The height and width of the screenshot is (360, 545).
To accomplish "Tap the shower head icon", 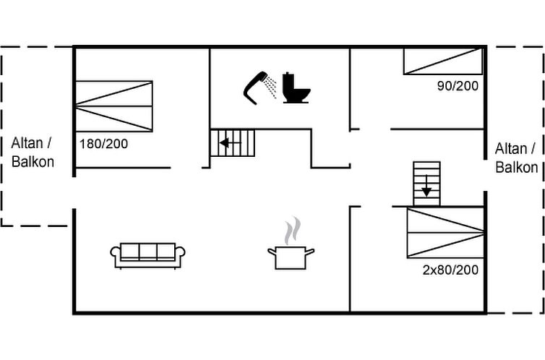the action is tap(254, 87).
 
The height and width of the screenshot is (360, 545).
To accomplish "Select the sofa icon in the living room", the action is tap(147, 256).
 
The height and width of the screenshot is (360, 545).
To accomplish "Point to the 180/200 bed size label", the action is tap(103, 144).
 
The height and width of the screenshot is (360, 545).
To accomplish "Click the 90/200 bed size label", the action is tap(458, 86).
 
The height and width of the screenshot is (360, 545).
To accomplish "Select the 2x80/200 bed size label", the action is tap(450, 270).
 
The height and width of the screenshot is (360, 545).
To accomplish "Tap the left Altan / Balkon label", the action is tap(33, 153).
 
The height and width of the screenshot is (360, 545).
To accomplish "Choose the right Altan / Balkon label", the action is tap(517, 158).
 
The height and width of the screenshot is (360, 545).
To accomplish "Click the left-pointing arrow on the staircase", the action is tap(230, 143).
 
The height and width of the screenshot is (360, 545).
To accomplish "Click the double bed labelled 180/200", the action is tap(114, 106).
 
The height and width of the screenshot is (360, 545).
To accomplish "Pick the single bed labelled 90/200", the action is tap(443, 61).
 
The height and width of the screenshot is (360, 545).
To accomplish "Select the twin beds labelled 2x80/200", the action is tap(445, 233).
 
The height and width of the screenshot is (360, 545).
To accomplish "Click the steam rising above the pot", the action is tap(292, 231).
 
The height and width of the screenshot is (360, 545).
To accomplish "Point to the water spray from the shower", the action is tap(270, 87).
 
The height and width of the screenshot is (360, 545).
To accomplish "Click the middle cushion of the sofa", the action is tap(147, 251).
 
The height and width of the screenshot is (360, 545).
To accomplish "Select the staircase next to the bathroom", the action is tap(233, 143).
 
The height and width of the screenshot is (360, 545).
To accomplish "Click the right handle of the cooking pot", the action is tap(309, 252).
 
